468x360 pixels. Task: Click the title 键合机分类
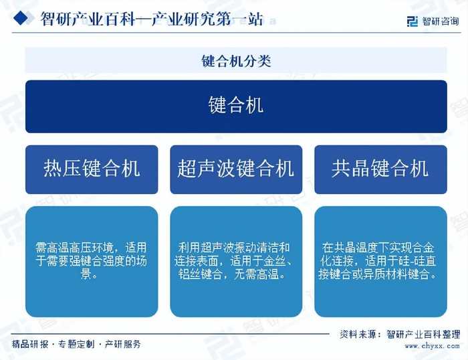point(235,61)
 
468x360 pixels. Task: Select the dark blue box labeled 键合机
point(235,106)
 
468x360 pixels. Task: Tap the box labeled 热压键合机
point(92,169)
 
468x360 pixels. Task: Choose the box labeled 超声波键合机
point(235,169)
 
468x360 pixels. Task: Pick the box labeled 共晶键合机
point(380,169)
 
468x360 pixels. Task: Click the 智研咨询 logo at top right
point(433,20)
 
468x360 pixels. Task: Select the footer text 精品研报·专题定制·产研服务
point(76,344)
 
